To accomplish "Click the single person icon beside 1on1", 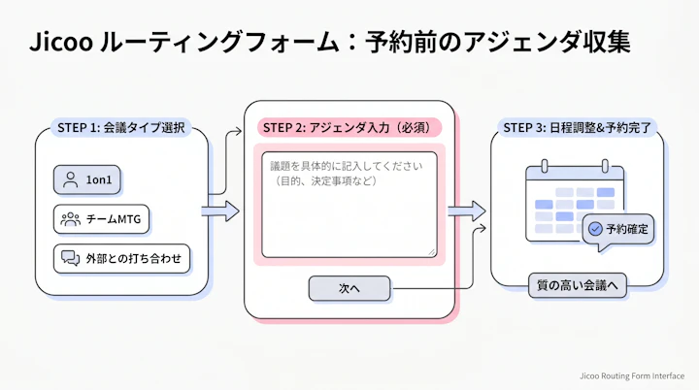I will (x=70, y=180).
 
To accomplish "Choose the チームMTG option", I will (x=109, y=219).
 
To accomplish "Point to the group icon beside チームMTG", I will (x=71, y=219).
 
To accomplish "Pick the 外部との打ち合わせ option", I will (x=121, y=258).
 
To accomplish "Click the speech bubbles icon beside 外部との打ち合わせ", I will (x=70, y=258).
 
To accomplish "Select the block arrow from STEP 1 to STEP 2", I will (x=220, y=210).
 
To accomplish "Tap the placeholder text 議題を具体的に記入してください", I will (x=348, y=166).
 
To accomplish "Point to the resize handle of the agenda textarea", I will (x=431, y=252).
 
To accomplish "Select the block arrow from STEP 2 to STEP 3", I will (x=466, y=211).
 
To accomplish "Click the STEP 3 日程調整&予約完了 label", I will (x=578, y=127).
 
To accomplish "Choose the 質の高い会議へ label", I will (x=578, y=285).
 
